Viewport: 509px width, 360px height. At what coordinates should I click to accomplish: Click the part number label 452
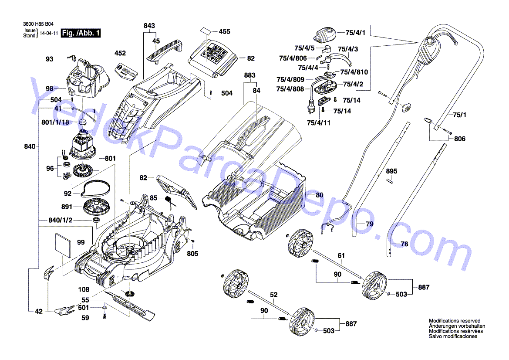pos(120,53)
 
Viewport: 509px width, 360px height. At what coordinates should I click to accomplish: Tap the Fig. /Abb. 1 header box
pos(81,33)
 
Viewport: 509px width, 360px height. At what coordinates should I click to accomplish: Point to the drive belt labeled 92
pos(94,188)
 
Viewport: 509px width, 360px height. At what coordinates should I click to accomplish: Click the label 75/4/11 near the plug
pos(318,123)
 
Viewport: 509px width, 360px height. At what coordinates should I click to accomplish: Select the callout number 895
pos(392,171)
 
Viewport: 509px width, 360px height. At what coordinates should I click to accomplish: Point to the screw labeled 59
pos(104,317)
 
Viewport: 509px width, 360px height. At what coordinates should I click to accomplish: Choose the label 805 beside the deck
pos(192,254)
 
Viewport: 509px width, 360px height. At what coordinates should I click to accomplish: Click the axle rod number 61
pos(341,255)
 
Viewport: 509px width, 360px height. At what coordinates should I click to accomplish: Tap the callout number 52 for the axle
pos(273,295)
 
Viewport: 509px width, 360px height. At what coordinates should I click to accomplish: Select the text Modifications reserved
pos(454,320)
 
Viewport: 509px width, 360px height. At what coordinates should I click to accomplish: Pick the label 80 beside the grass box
pos(320,195)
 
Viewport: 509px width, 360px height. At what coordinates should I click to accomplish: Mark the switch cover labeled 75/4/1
pos(325,33)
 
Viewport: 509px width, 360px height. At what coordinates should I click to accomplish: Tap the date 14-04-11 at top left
pos(48,33)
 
